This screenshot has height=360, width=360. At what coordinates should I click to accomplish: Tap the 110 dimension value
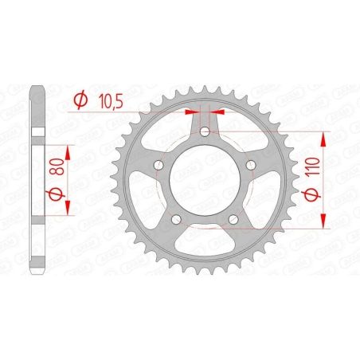point(315,168)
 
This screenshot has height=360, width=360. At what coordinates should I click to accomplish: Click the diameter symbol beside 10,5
point(80,100)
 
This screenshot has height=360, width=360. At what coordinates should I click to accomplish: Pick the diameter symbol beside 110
point(315,197)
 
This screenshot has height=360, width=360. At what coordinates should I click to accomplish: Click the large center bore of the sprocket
point(205,180)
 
